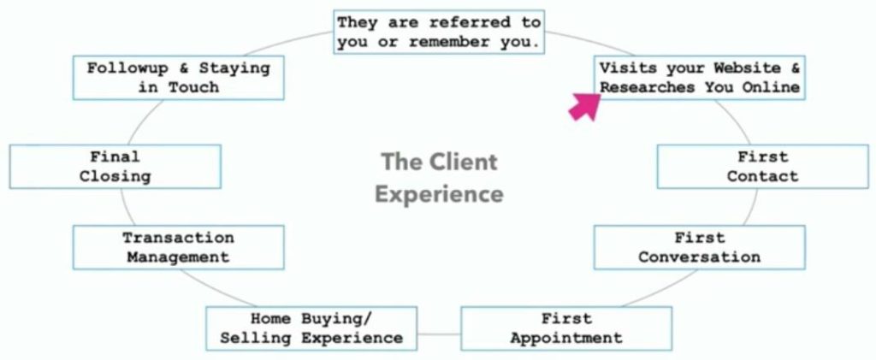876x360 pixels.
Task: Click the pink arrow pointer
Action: tap(584, 106)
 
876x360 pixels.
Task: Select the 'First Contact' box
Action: tap(762, 167)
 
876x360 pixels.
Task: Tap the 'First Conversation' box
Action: tap(699, 247)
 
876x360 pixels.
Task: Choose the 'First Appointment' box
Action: tap(566, 328)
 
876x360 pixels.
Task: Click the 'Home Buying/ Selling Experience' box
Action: tap(311, 328)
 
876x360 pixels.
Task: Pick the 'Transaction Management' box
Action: tap(178, 247)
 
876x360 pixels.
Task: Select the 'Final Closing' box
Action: tap(115, 167)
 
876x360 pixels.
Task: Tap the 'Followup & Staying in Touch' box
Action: tap(178, 77)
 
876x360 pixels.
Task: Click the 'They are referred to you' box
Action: tap(439, 32)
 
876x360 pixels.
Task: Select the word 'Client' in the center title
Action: tap(462, 162)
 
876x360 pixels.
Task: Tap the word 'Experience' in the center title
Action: tap(439, 194)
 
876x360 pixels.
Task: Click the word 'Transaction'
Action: tap(178, 238)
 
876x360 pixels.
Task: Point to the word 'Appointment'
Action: tap(566, 338)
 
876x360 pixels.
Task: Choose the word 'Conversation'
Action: tap(699, 257)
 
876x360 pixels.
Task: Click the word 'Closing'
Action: tap(115, 176)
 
